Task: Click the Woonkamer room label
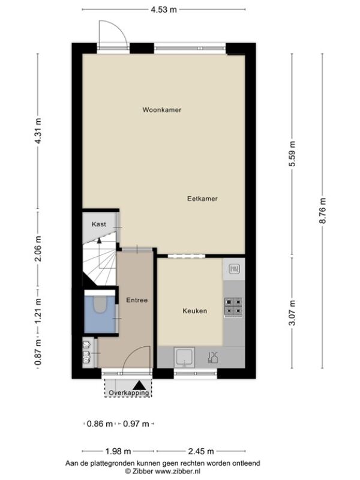[x=161, y=110]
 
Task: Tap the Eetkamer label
[x=202, y=199]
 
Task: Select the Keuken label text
[x=194, y=311]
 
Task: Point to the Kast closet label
[x=99, y=224]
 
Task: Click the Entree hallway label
[x=137, y=300]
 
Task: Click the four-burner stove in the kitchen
[x=233, y=307]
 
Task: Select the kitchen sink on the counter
[x=184, y=357]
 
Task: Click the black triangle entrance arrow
[x=140, y=385]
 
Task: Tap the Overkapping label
[x=129, y=392]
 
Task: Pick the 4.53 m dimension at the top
[x=164, y=10]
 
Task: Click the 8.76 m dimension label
[x=323, y=211]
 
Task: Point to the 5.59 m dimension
[x=292, y=154]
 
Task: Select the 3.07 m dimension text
[x=292, y=313]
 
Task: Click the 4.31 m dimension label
[x=38, y=131]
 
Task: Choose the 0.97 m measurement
[x=136, y=424]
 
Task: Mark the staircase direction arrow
[x=99, y=241]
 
